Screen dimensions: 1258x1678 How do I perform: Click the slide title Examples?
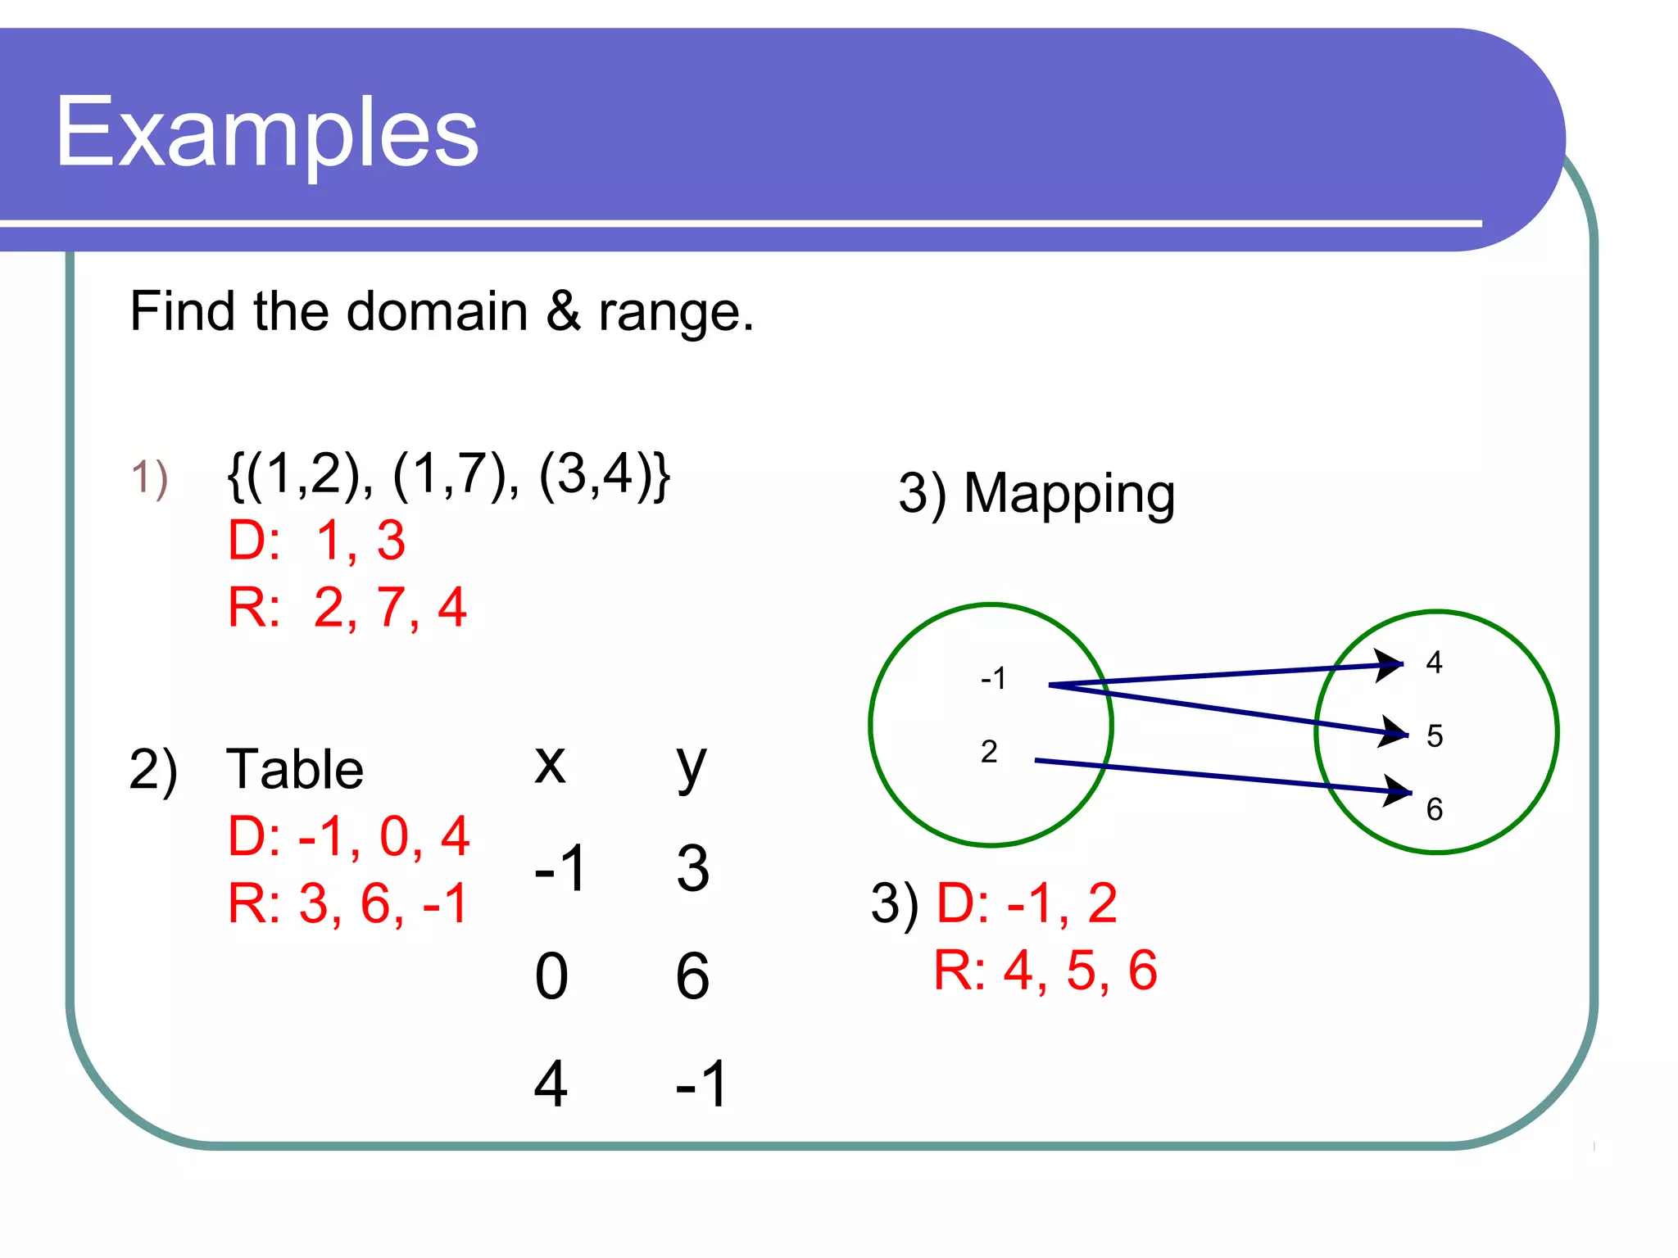266,133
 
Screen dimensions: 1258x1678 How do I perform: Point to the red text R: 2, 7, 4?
347,608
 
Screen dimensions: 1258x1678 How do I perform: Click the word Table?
295,770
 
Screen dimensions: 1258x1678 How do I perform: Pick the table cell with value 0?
551,976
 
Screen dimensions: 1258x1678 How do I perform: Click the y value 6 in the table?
692,976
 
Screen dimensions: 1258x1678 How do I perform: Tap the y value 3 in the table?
692,868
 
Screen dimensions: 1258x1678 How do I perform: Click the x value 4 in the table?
551,1084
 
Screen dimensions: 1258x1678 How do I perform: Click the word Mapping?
1068,494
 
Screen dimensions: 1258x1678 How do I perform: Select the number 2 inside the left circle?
989,752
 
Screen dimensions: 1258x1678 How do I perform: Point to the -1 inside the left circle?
993,678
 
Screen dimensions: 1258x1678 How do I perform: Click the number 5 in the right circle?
1434,735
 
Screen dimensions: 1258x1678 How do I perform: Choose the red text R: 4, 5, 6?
1045,971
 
